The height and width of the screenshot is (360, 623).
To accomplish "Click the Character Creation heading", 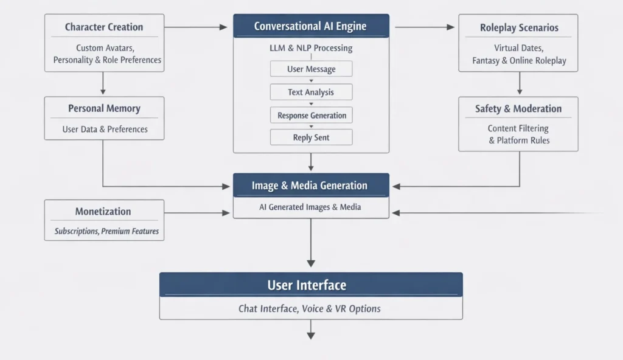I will click(x=104, y=27).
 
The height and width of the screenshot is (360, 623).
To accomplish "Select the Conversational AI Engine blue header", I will click(x=311, y=27).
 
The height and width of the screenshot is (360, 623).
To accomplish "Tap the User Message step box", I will click(x=311, y=69).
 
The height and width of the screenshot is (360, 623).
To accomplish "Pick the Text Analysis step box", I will click(x=311, y=92).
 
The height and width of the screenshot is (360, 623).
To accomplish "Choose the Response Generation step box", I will click(x=311, y=116).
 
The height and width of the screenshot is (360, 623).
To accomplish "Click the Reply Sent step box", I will click(x=311, y=137).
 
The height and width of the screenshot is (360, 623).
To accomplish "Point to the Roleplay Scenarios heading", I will click(x=518, y=27).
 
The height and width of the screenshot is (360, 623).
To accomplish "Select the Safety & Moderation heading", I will click(x=518, y=109).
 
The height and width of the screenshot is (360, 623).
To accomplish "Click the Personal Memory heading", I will click(x=104, y=109).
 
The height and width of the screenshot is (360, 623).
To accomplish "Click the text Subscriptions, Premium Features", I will click(x=106, y=231).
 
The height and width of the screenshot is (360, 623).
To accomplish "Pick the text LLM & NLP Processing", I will click(x=311, y=48).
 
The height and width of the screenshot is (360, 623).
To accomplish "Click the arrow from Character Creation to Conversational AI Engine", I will click(x=195, y=27).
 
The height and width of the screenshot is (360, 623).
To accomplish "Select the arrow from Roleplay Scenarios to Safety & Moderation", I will click(x=519, y=83).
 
